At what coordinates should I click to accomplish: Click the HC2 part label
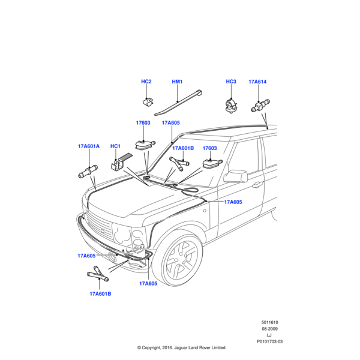[146, 82]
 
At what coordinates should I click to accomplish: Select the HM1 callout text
[177, 82]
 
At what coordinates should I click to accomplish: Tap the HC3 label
[231, 82]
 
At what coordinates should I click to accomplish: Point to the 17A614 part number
[257, 82]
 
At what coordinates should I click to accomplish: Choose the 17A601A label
[88, 146]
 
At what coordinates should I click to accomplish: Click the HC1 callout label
[116, 146]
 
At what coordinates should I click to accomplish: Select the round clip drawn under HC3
[231, 104]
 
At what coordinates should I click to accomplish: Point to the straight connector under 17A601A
[86, 173]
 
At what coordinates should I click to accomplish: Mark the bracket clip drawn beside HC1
[119, 163]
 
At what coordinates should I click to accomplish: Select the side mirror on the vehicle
[236, 176]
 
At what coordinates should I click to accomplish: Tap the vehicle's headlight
[139, 237]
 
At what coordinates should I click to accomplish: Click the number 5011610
[269, 322]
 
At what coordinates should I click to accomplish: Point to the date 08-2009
[269, 329]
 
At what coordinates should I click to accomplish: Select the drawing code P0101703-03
[269, 341]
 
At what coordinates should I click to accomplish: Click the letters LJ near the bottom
[269, 335]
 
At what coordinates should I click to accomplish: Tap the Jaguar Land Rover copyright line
[181, 347]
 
